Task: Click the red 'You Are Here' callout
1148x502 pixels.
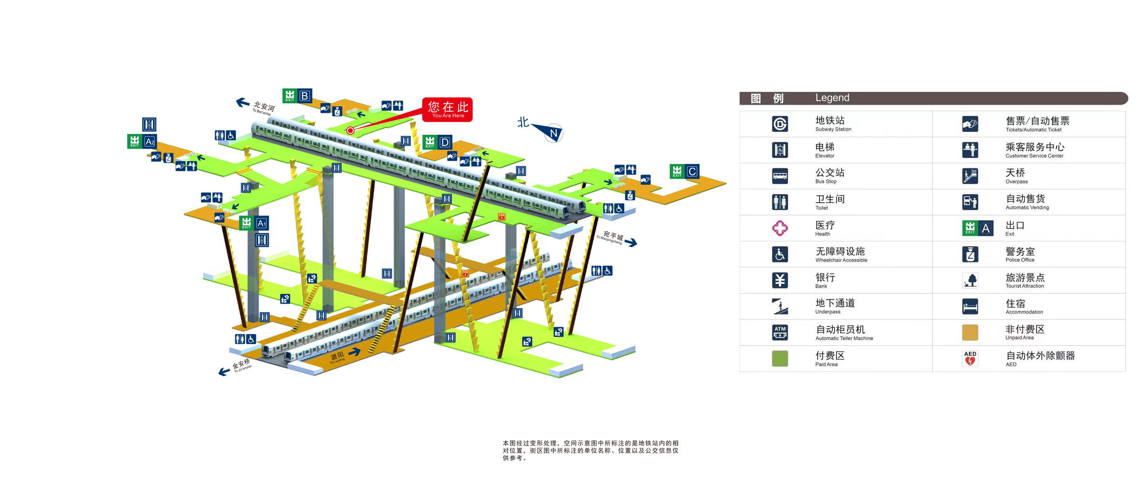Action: pyautogui.click(x=447, y=109)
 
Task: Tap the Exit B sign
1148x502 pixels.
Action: pyautogui.click(x=297, y=96)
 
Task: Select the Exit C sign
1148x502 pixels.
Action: pyautogui.click(x=684, y=172)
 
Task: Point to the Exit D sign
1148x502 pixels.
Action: pyautogui.click(x=437, y=142)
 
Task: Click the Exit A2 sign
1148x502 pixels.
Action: pyautogui.click(x=142, y=142)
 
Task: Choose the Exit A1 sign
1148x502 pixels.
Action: pyautogui.click(x=254, y=223)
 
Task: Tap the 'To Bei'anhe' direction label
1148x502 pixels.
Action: pyautogui.click(x=263, y=108)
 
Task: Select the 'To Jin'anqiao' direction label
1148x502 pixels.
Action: pyautogui.click(x=242, y=366)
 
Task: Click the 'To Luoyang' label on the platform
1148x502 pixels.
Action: pyautogui.click(x=337, y=358)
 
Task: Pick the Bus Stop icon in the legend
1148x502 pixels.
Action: pyautogui.click(x=780, y=176)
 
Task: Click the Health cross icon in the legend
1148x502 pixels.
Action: pyautogui.click(x=780, y=228)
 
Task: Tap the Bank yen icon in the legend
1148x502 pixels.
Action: pyautogui.click(x=780, y=280)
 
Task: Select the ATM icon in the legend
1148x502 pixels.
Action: pyautogui.click(x=780, y=332)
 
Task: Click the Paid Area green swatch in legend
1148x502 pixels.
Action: pyautogui.click(x=780, y=359)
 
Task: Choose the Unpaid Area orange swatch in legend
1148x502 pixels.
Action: pyautogui.click(x=970, y=332)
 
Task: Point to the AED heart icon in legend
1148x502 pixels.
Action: pyautogui.click(x=970, y=359)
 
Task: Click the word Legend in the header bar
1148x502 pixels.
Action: pyautogui.click(x=832, y=98)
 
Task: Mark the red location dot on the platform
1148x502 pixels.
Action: pyautogui.click(x=351, y=131)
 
